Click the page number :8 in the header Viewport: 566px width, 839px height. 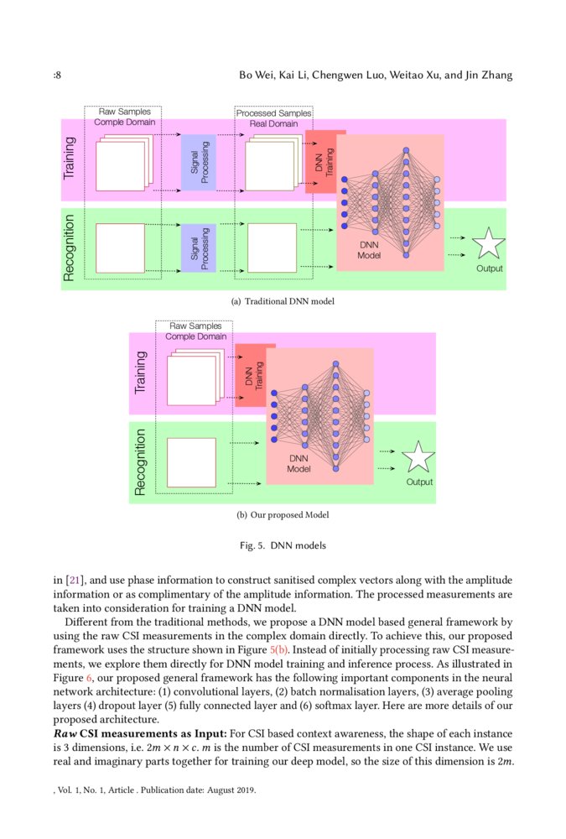coord(56,76)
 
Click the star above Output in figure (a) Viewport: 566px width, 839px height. coord(488,244)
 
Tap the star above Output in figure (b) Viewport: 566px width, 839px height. coord(418,458)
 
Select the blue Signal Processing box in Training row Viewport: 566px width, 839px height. coord(199,162)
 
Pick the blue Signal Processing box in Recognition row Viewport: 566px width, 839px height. coord(199,248)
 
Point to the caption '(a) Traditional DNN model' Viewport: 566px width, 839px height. coord(283,301)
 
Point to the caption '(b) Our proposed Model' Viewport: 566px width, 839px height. coord(283,514)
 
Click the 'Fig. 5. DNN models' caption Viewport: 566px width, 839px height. coord(283,545)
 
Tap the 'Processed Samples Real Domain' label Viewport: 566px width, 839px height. coord(273,118)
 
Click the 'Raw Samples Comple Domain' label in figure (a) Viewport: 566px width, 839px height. coord(125,117)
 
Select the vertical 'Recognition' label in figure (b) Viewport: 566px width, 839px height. coord(140,461)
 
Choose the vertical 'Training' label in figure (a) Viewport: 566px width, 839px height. coord(70,158)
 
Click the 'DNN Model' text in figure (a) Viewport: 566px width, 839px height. coord(369,250)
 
